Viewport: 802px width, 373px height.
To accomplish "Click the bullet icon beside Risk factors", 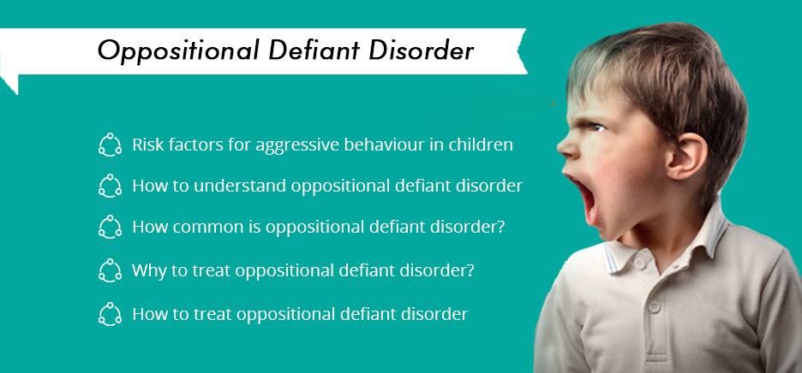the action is click(110, 145).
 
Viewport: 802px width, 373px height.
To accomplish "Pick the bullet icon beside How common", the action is click(110, 227).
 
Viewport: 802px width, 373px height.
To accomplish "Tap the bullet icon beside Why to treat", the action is click(110, 270).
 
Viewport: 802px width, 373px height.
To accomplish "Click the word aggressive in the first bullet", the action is click(297, 145).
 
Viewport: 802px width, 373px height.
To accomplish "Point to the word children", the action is click(481, 145).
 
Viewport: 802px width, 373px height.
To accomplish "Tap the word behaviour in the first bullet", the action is click(385, 145).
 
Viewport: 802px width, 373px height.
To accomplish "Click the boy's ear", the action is click(685, 156).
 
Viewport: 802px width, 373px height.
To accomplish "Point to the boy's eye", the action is click(598, 127).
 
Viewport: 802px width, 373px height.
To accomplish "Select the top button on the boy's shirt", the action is click(639, 263).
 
